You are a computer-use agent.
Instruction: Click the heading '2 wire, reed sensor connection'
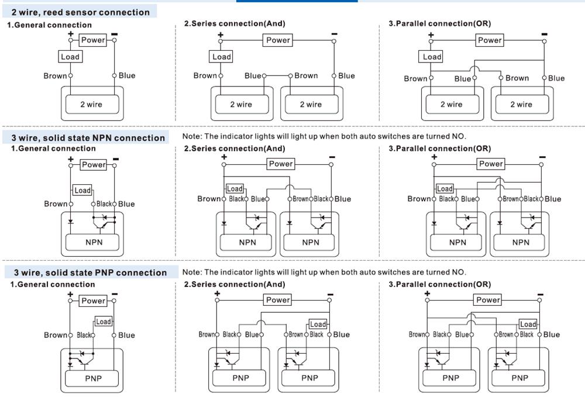pos(81,12)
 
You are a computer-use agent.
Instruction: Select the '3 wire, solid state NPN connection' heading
pos(88,137)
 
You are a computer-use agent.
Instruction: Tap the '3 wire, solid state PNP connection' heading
pos(90,272)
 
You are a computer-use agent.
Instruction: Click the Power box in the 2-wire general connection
pos(93,40)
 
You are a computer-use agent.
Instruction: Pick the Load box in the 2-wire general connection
pos(70,57)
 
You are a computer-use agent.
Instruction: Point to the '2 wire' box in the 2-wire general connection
pos(91,105)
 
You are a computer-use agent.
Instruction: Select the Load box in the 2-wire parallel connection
pos(432,57)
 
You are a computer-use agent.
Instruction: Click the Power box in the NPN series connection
pos(281,164)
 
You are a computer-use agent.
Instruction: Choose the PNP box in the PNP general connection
pos(93,378)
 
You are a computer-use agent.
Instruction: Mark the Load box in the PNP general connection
pos(104,322)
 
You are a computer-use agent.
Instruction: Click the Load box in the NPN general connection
pos(82,190)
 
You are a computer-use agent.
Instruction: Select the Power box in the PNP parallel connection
pos(488,300)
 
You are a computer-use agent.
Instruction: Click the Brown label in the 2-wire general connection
pos(55,76)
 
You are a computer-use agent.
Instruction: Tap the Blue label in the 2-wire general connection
pos(127,75)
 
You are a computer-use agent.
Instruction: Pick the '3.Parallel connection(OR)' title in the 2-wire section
pos(440,23)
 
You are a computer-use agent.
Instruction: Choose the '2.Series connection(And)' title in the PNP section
pos(235,284)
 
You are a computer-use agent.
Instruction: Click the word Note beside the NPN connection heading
pos(191,136)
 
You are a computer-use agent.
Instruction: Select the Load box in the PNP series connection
pos(318,324)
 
